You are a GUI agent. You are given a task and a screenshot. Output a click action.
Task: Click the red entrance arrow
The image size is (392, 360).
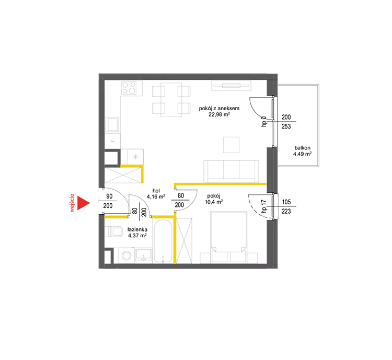83,203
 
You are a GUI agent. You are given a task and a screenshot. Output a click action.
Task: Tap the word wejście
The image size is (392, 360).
72,203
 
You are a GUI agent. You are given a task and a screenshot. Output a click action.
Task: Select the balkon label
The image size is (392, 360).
302,148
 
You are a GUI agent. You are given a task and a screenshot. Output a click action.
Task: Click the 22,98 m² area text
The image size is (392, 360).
219,114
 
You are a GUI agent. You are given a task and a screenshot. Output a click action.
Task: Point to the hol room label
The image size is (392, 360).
156,191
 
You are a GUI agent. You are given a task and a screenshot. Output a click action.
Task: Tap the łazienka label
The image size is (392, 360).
137,229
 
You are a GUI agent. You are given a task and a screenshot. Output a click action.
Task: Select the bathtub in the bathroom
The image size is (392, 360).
163,241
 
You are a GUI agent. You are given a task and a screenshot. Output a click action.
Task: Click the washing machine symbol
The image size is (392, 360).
127,256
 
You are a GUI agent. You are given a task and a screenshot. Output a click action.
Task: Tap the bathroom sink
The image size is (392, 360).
144,255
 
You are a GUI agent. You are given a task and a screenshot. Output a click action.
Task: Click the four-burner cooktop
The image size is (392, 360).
129,88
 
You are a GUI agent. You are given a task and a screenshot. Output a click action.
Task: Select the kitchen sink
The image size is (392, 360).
112,124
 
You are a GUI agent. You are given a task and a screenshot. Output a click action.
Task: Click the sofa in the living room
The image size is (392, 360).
231,171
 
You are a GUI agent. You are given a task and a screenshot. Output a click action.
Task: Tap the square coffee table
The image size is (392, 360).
231,145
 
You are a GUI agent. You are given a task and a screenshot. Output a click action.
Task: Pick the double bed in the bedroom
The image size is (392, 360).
228,237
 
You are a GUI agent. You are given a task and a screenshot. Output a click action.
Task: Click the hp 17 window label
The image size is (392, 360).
263,206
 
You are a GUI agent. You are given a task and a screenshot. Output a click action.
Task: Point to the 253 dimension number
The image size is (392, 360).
286,126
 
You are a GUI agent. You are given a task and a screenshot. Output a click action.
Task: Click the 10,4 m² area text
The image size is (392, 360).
214,202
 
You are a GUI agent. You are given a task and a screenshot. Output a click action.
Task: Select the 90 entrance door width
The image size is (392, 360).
109,196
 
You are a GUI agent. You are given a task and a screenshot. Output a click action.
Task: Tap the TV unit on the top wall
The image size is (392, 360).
231,86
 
